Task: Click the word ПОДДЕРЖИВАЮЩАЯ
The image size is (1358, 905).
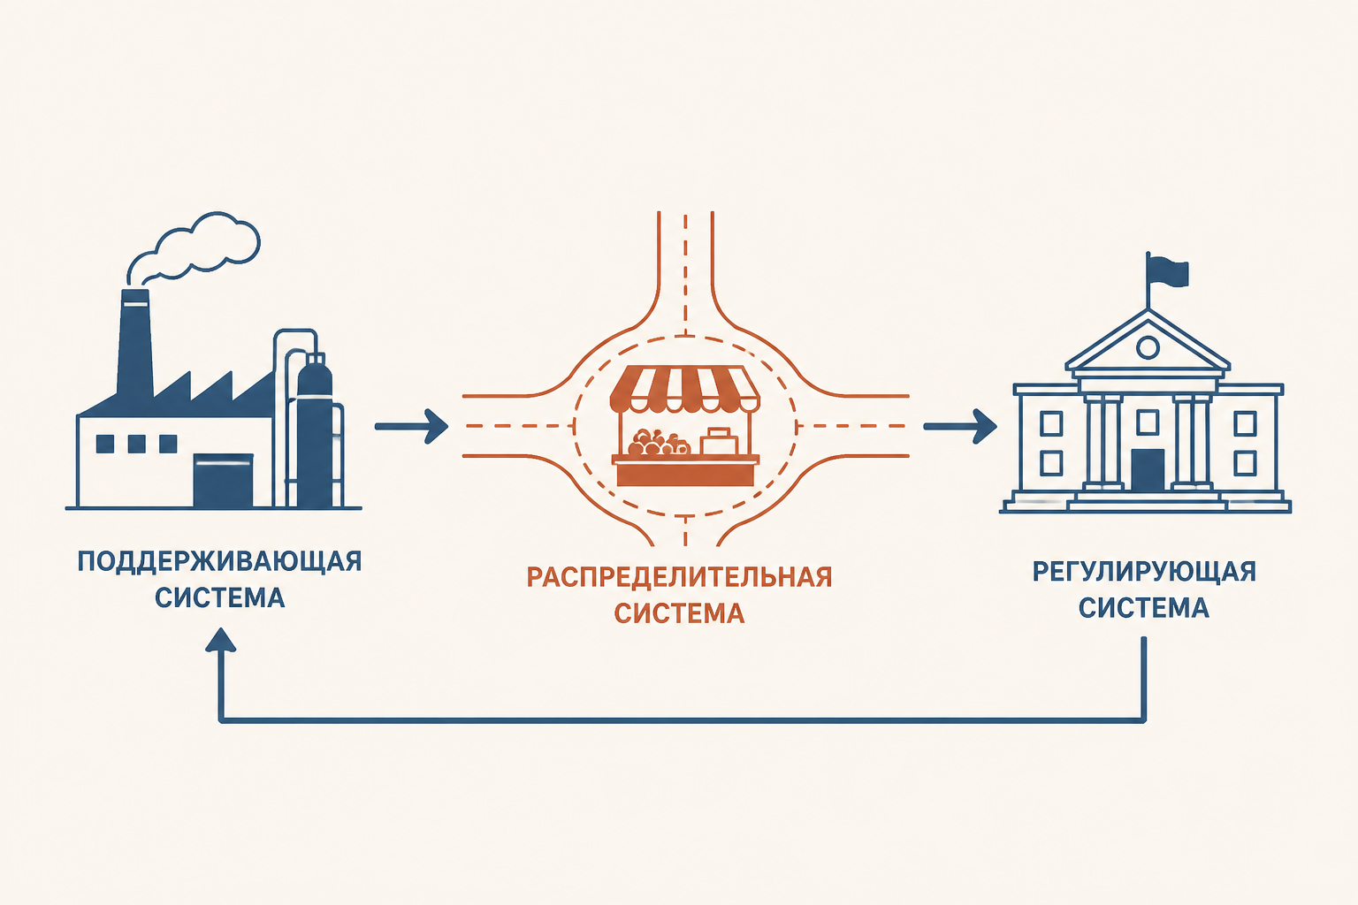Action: coord(219,562)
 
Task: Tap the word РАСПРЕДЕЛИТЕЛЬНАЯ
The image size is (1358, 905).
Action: coord(679,577)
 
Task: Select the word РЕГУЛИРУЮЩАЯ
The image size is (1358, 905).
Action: coord(1144,572)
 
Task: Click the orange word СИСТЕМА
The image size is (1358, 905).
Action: coord(679,613)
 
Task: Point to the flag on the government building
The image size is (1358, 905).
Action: coord(1168,271)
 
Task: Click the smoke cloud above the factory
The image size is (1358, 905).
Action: coord(194,248)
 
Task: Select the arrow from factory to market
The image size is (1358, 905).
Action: coord(412,427)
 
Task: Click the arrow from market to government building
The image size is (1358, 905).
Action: coord(960,427)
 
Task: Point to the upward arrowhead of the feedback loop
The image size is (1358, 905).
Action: coord(221,641)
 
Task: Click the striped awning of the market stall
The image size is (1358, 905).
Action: coord(684,388)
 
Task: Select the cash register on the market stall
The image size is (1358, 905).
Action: coord(719,441)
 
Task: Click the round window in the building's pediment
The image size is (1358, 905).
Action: coord(1148,347)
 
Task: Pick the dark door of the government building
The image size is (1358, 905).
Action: coord(1148,470)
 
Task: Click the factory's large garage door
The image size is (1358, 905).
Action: coord(223,481)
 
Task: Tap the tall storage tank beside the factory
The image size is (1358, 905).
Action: coord(315,430)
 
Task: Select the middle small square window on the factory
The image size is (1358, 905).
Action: coord(136,444)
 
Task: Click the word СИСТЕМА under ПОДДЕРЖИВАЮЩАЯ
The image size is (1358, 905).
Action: coord(219,597)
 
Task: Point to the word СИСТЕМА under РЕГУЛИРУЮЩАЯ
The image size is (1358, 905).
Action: coord(1144,608)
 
